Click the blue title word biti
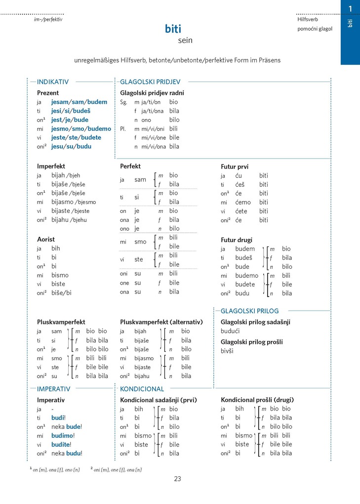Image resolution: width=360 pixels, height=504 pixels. click(x=173, y=29)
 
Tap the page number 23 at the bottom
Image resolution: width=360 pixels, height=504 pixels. click(x=178, y=478)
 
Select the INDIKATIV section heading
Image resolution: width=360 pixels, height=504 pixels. click(x=53, y=82)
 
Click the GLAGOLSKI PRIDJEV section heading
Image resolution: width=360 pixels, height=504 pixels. click(x=150, y=82)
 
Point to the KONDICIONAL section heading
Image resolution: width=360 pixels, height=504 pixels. click(x=142, y=389)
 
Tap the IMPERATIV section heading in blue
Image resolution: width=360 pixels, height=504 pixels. click(x=54, y=389)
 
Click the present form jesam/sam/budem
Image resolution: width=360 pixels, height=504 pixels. click(x=79, y=102)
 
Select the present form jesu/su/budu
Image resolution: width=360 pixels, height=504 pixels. click(x=71, y=146)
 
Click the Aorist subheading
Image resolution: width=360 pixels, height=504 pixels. click(x=46, y=239)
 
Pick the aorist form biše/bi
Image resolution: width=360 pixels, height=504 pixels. click(x=61, y=293)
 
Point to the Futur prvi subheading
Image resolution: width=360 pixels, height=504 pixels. click(x=234, y=167)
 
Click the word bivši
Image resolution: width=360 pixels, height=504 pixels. click(x=227, y=351)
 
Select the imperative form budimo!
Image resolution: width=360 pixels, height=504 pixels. click(x=63, y=435)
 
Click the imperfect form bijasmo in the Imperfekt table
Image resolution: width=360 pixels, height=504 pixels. click(x=63, y=202)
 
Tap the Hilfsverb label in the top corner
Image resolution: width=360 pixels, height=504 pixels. click(x=308, y=19)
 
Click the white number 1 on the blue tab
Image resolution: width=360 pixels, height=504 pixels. click(x=350, y=8)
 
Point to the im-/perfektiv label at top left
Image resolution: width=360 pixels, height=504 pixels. click(x=45, y=19)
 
